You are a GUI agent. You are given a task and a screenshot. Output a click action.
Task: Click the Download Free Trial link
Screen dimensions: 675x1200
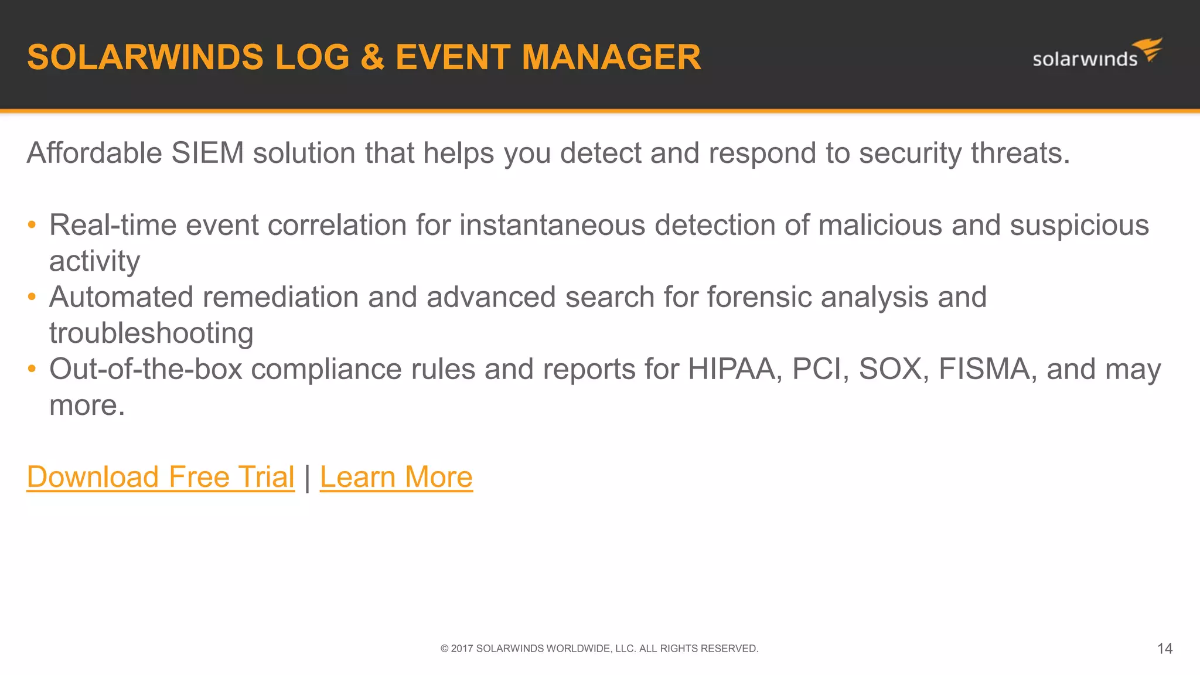click(x=161, y=476)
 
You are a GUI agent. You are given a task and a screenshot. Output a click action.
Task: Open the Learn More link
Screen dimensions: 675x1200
click(x=396, y=476)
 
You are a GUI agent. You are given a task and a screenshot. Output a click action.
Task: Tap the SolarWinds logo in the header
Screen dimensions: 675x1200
click(x=1096, y=54)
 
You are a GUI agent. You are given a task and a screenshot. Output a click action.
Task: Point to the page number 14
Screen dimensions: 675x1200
click(x=1164, y=649)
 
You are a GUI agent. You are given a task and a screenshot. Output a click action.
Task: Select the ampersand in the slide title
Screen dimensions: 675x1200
click(x=372, y=57)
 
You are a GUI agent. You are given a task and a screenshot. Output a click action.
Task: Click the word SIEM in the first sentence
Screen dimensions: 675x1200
click(x=207, y=154)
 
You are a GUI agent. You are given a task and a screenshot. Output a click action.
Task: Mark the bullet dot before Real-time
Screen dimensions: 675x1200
click(x=32, y=225)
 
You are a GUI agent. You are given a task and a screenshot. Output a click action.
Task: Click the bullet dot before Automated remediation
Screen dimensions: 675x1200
click(x=32, y=297)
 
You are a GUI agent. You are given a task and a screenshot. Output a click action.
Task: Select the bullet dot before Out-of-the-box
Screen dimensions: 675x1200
click(x=32, y=369)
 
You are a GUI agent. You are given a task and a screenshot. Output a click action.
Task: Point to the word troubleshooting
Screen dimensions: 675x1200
click(x=151, y=333)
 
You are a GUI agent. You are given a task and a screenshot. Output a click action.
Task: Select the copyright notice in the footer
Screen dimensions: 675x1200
click(x=599, y=649)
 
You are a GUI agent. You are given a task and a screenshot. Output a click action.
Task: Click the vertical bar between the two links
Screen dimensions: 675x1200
click(x=307, y=477)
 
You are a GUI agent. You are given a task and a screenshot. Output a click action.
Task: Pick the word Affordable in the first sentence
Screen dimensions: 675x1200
click(x=94, y=154)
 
